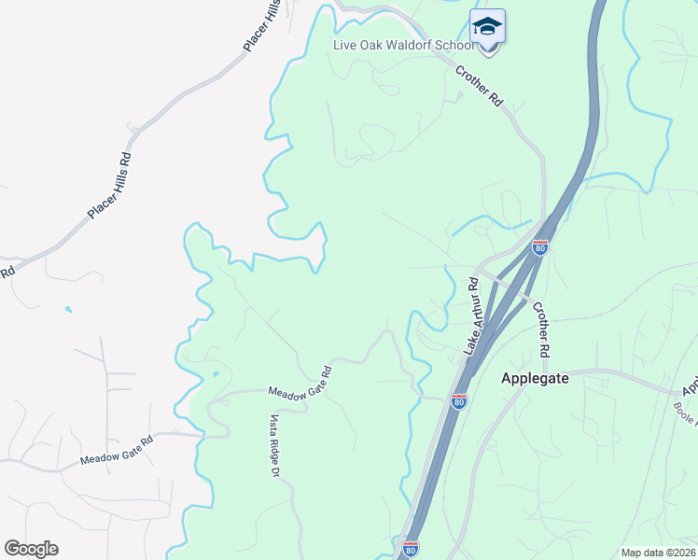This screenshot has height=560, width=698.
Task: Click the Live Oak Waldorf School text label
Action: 403,46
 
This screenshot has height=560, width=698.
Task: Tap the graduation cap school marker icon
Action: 487,26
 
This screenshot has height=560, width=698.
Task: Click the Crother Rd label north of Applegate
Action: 540,328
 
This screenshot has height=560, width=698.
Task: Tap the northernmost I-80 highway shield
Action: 540,247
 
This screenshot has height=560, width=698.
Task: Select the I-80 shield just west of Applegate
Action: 458,400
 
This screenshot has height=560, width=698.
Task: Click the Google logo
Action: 31,549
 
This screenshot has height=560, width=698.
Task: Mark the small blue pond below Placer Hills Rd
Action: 67,309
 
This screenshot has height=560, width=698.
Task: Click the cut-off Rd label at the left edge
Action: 7,273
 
